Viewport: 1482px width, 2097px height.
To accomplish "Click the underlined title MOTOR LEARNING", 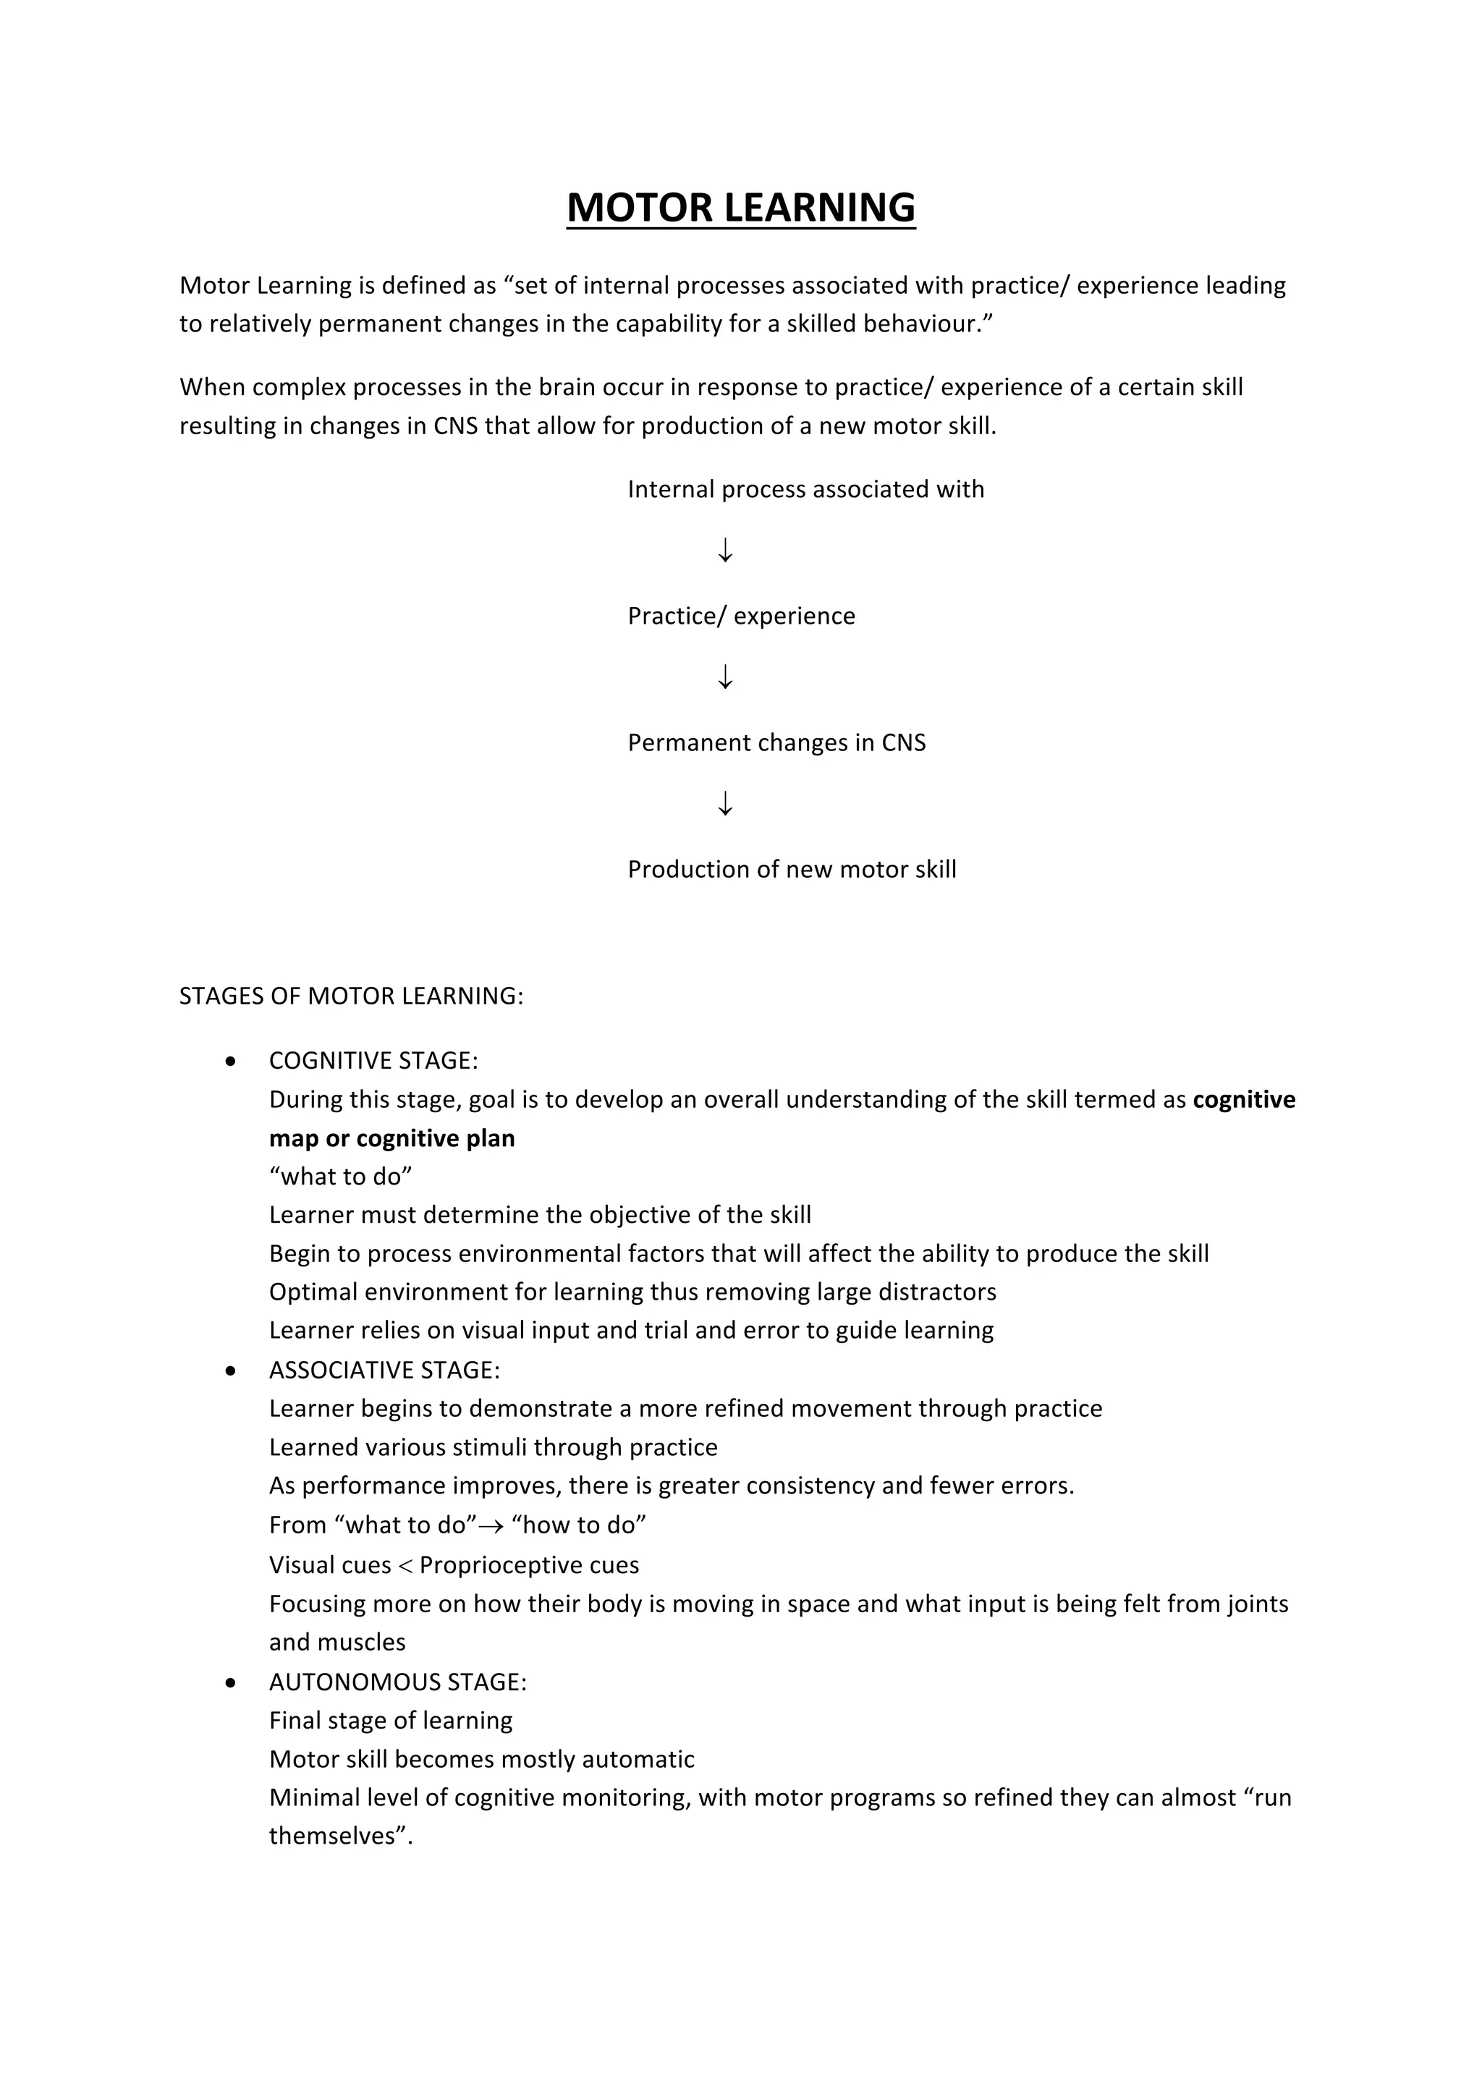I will (x=740, y=208).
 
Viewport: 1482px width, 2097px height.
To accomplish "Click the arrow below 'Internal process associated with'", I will (x=725, y=550).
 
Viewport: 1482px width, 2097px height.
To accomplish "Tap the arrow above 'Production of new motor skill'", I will (x=725, y=804).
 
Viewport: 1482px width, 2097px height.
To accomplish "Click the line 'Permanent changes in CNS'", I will (x=776, y=742).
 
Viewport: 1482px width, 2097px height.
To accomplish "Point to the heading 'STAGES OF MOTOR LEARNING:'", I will (x=351, y=996).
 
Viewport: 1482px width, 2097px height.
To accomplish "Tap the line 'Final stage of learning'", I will (x=391, y=1721).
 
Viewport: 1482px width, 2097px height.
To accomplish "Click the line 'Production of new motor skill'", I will (x=792, y=870).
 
